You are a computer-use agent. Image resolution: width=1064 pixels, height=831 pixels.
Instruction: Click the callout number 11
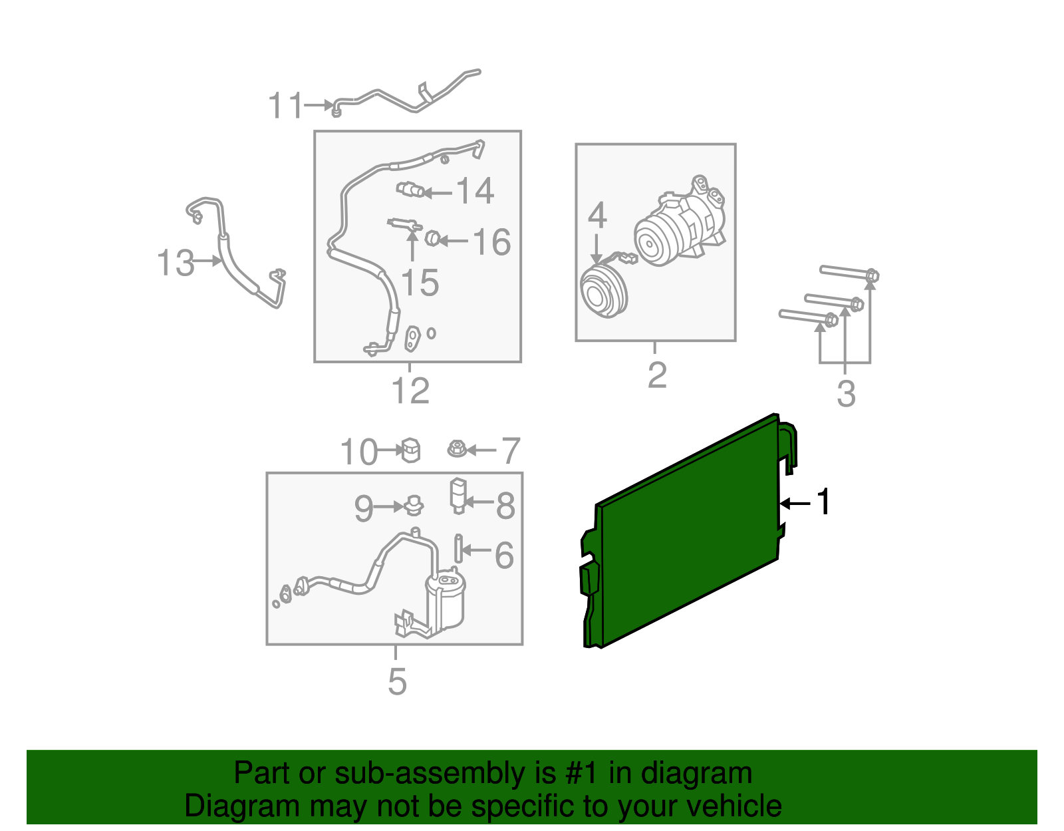tap(285, 105)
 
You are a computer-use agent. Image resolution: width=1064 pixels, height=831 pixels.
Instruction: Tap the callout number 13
tap(176, 263)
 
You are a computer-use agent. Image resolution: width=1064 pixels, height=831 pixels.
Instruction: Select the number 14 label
tap(475, 190)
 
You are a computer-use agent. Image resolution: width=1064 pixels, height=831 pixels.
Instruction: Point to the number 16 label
tap(491, 242)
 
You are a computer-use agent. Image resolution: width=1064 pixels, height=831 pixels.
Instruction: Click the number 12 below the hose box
tap(410, 391)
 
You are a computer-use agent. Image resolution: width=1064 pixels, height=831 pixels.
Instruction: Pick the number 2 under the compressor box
tap(657, 375)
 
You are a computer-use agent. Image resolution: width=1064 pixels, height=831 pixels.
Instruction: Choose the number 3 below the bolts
tap(846, 394)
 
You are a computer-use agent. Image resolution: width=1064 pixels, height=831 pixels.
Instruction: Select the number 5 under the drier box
tap(397, 682)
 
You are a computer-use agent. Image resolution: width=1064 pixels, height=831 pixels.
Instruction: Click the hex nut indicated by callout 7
tap(457, 449)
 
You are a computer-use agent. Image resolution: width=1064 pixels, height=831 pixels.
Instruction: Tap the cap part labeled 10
tap(411, 450)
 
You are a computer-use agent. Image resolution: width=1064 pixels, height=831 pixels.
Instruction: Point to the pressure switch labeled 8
tap(458, 496)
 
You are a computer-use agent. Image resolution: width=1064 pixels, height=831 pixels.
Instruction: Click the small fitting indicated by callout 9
tap(414, 506)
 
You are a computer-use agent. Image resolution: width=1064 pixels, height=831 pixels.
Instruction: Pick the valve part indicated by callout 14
tap(410, 189)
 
